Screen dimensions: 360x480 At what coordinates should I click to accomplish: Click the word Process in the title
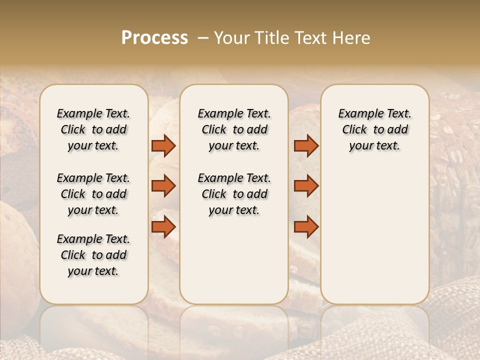[154, 38]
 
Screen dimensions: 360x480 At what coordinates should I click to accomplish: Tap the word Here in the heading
[352, 38]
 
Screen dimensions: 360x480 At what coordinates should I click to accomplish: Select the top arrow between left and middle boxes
[163, 145]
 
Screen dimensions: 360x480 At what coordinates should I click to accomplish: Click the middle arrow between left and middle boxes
[163, 186]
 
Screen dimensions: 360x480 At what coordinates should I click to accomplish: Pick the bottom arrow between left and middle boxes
[163, 227]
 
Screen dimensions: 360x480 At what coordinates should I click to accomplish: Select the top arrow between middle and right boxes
[306, 145]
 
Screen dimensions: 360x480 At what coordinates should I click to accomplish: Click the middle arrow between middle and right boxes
[306, 186]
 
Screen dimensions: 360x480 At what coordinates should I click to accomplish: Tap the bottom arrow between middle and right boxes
[306, 227]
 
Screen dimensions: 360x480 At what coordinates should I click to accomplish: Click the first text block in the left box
[93, 129]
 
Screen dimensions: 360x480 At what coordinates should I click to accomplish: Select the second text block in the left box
[93, 194]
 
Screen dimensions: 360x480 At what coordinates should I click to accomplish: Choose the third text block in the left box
[93, 255]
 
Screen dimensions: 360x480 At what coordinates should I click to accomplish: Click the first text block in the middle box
[234, 129]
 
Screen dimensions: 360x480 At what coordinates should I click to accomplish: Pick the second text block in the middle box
[234, 194]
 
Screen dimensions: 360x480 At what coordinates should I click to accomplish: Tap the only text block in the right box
[374, 129]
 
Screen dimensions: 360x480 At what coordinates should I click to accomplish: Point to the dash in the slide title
[202, 38]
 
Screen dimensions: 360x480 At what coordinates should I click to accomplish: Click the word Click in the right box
[354, 130]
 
